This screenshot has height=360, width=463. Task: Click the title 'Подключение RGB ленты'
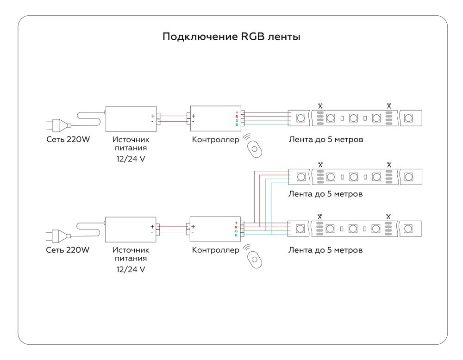pos(231,37)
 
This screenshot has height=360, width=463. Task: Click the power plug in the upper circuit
pos(58,125)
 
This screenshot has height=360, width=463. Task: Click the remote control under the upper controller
pos(254,148)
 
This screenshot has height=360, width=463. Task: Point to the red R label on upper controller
pos(237,117)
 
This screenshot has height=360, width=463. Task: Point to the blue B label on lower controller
pos(236,235)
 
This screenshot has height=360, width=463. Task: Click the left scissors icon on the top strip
pos(320,106)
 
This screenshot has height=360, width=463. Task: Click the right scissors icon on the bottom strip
pos(388,216)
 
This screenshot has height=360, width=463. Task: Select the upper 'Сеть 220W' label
pos(68,139)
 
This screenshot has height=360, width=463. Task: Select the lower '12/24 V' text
pos(131,269)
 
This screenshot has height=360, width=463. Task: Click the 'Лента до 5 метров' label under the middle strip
pos(325,194)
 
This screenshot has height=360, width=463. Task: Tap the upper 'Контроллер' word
pos(216,139)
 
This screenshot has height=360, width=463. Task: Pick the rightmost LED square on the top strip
pos(408,118)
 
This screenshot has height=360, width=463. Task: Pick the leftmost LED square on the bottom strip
pos(300,229)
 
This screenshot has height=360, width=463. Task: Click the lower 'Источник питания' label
pos(131,254)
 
